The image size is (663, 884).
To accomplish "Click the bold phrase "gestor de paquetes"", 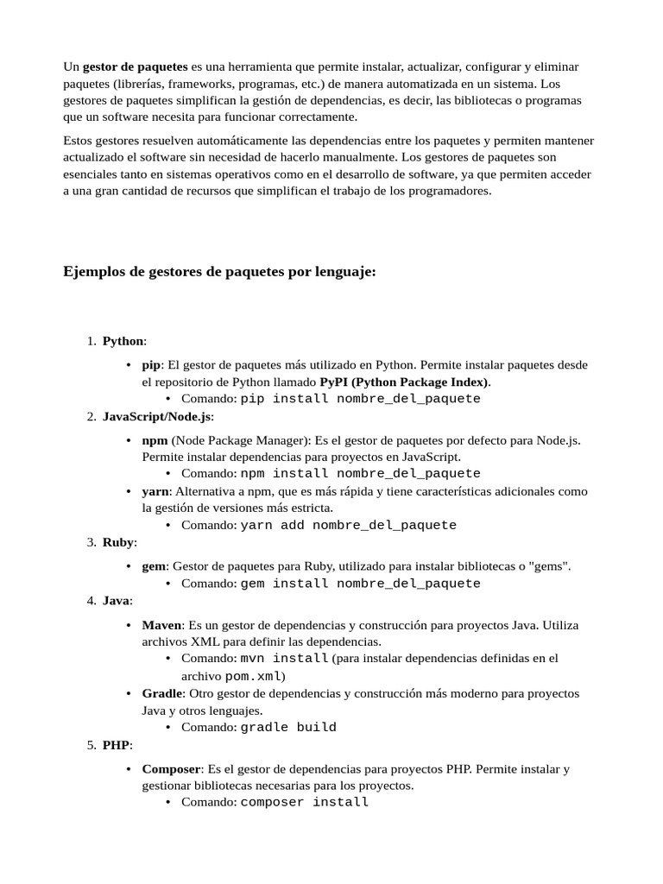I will coord(135,66).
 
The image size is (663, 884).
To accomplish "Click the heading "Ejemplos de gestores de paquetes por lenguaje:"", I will coord(219,272).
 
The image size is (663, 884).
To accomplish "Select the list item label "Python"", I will coord(123,341).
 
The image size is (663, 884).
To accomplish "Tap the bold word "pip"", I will coord(151,365).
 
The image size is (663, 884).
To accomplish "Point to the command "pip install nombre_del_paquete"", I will coord(360,399).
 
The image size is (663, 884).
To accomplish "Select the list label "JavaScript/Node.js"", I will coord(156,416).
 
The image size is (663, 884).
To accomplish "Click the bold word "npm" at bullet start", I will coord(155,440).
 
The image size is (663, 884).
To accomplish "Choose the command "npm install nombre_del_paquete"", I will coord(360,474).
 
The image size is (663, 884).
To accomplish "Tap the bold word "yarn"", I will coord(155,491).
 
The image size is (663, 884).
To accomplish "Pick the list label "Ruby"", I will coord(117,542).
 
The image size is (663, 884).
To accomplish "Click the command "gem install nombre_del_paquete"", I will coord(360,584).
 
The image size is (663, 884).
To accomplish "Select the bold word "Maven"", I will coord(161,625).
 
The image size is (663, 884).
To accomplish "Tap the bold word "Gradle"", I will coord(162,693).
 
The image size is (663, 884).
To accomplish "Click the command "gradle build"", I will coord(288,727).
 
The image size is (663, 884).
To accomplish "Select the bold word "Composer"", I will coord(171,768).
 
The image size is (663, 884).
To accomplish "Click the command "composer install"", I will coord(304,802).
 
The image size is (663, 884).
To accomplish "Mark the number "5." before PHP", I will coord(92,744).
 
